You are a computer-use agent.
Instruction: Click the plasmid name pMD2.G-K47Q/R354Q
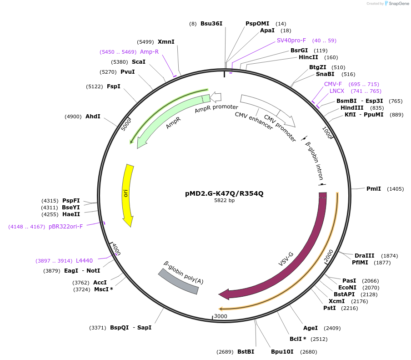pyautogui.click(x=224, y=193)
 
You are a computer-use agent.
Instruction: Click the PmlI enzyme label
pyautogui.click(x=373, y=189)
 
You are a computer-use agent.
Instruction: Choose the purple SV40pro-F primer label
pyautogui.click(x=291, y=41)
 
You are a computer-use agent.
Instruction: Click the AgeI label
pyautogui.click(x=311, y=328)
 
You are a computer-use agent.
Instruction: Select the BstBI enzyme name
pyautogui.click(x=246, y=352)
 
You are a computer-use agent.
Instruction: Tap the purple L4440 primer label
pyautogui.click(x=84, y=261)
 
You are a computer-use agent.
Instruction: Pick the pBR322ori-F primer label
pyautogui.click(x=65, y=227)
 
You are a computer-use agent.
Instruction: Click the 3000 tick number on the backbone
pyautogui.click(x=221, y=316)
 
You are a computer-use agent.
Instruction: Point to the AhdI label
pyautogui.click(x=93, y=117)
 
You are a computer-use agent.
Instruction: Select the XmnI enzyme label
pyautogui.click(x=166, y=42)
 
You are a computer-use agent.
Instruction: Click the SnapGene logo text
pyautogui.click(x=398, y=4)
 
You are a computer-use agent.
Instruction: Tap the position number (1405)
pyautogui.click(x=395, y=189)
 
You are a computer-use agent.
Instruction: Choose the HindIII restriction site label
pyautogui.click(x=352, y=108)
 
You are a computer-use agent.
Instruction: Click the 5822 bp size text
pyautogui.click(x=225, y=200)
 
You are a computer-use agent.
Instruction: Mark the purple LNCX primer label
pyautogui.click(x=337, y=91)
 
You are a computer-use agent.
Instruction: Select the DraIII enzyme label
pyautogui.click(x=364, y=256)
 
